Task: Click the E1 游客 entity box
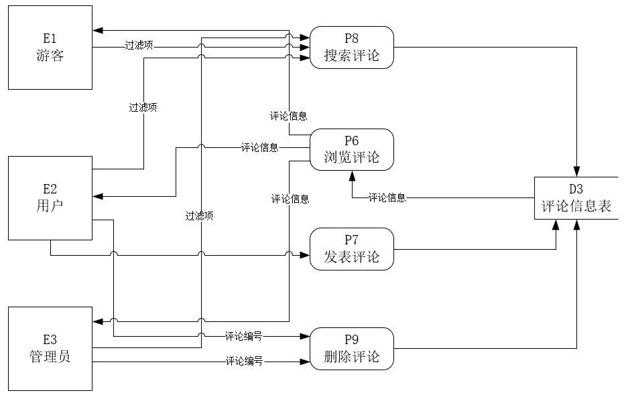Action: [x=50, y=48]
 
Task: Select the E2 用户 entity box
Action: [x=50, y=197]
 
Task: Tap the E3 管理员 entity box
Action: [x=50, y=348]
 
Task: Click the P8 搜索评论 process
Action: [x=352, y=48]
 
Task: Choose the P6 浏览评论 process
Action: [x=352, y=149]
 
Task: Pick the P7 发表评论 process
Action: [x=352, y=248]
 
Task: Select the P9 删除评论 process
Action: [x=352, y=348]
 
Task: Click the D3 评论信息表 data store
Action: [x=576, y=198]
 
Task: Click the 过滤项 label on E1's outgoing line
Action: [x=139, y=46]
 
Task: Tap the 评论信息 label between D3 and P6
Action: [x=387, y=197]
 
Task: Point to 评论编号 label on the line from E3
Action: [x=243, y=362]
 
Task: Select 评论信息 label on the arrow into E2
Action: [x=259, y=147]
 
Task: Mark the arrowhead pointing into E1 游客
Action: [x=98, y=31]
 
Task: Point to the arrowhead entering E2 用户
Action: [x=98, y=197]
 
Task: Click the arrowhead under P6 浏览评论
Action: [x=352, y=175]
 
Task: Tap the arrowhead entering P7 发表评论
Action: [x=305, y=254]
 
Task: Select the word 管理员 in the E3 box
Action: [x=50, y=356]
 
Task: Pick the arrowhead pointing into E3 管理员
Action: [x=98, y=321]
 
